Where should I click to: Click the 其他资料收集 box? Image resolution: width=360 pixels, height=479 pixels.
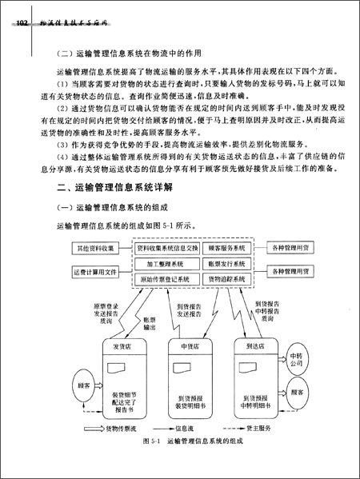click(x=96, y=249)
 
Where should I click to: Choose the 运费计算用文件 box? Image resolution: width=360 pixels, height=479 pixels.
click(x=96, y=271)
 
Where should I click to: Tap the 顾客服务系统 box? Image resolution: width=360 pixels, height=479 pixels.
click(x=226, y=249)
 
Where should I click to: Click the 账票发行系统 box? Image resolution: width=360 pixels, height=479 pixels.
click(x=226, y=263)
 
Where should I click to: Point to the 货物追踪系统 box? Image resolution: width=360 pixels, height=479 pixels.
click(x=226, y=279)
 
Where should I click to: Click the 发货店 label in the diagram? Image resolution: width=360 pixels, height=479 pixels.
click(x=122, y=345)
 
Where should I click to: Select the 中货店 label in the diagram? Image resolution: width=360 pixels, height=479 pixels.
click(x=189, y=345)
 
